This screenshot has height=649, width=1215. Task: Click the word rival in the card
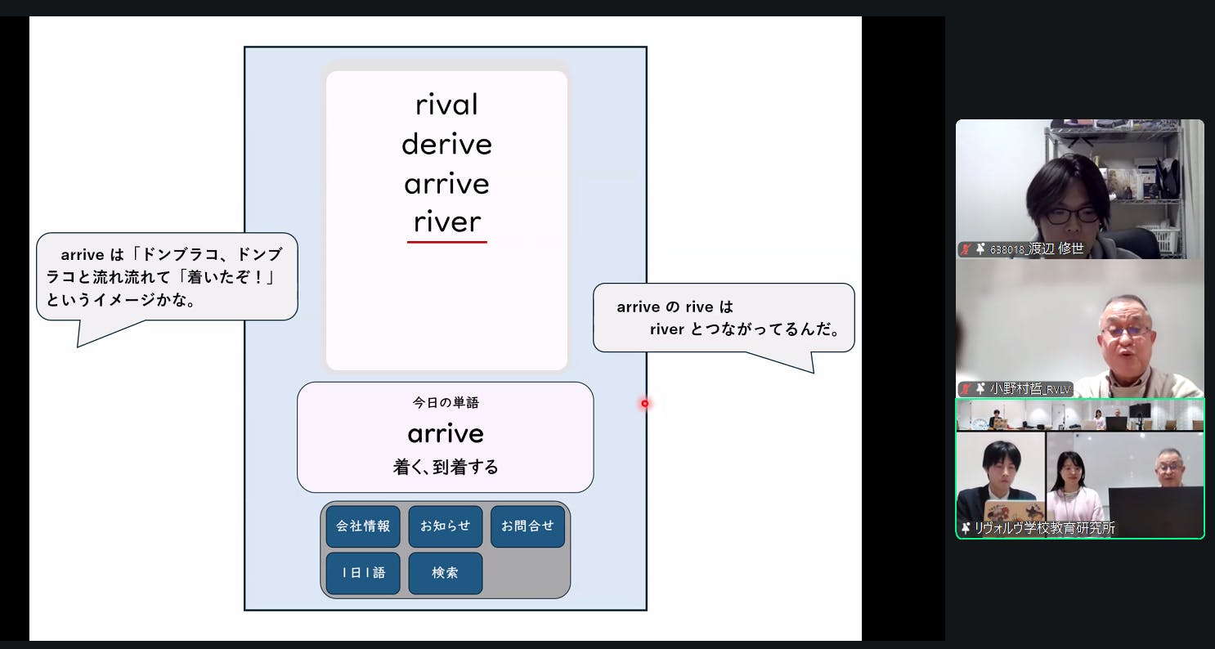(446, 105)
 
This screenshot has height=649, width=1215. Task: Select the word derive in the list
(446, 145)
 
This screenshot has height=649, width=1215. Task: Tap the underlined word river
(446, 222)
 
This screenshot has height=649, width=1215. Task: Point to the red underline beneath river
(446, 242)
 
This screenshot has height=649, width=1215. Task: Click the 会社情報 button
(363, 526)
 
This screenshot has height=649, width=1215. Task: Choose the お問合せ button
(527, 526)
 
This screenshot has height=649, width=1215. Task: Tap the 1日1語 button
(363, 573)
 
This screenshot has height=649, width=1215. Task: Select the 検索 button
(445, 573)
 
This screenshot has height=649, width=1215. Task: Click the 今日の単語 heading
(445, 402)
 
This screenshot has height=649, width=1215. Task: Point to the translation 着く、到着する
(445, 468)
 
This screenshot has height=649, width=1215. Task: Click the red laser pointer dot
(644, 403)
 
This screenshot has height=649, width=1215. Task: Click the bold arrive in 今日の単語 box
(445, 433)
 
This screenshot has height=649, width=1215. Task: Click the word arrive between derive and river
(446, 184)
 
